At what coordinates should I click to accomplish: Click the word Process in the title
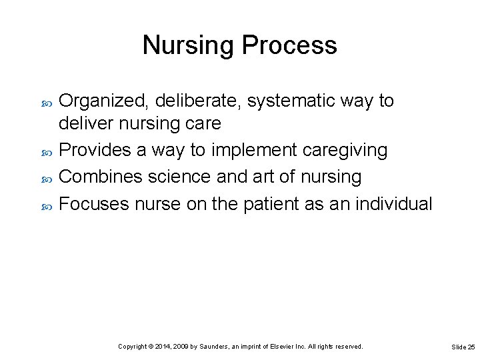(289, 45)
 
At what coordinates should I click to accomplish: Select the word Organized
(104, 101)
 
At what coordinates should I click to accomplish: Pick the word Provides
(95, 151)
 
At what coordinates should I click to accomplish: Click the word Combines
(101, 177)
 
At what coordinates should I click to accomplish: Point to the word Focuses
(94, 203)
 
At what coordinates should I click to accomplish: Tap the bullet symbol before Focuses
(46, 205)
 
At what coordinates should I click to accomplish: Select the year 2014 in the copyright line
(163, 347)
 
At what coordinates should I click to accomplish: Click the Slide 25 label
(463, 347)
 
